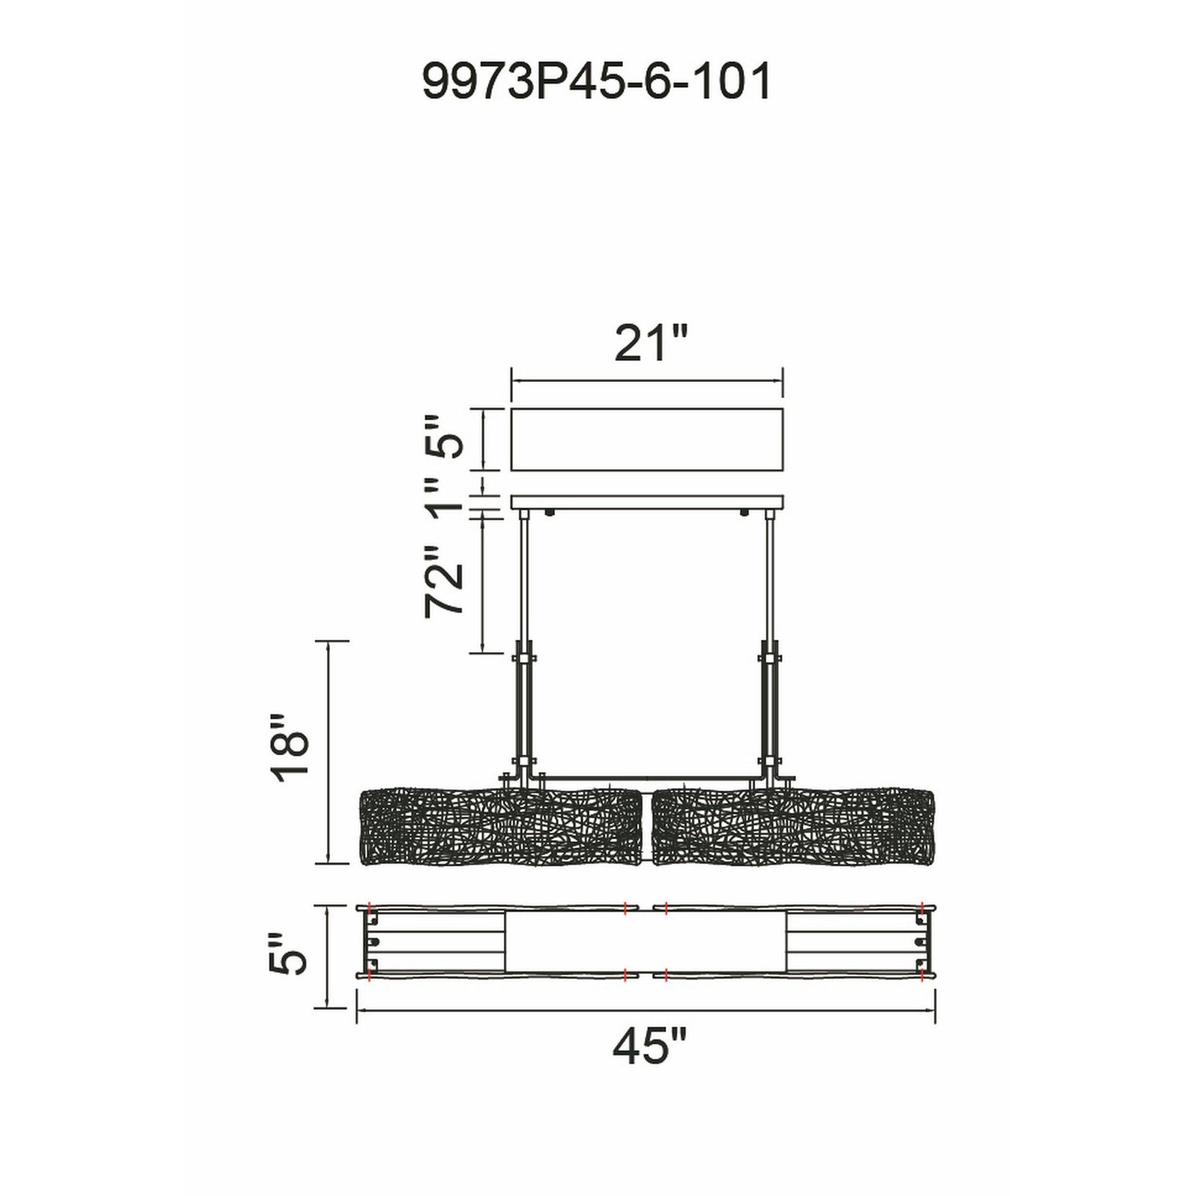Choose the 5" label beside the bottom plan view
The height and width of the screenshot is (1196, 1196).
point(288,953)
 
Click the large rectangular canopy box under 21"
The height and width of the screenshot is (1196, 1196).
point(647,439)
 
